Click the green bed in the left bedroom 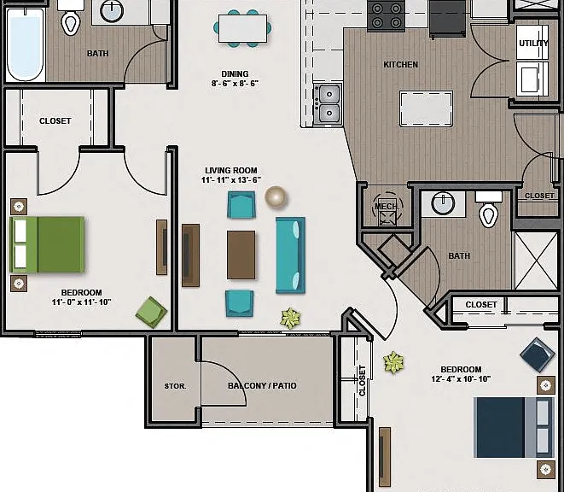(47, 244)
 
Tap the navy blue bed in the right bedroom (514, 428)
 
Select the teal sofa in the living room (290, 255)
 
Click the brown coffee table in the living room (241, 255)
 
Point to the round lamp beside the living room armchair (275, 196)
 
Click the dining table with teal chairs (243, 28)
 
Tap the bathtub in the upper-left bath (25, 44)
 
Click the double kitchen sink (328, 105)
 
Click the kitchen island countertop (426, 108)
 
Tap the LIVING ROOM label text (231, 170)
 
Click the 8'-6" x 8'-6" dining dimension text (235, 84)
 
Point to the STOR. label (175, 386)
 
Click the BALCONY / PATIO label (262, 386)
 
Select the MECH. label (387, 207)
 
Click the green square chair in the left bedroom (151, 313)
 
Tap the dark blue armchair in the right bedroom (538, 354)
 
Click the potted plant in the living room (290, 319)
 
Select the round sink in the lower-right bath (443, 203)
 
